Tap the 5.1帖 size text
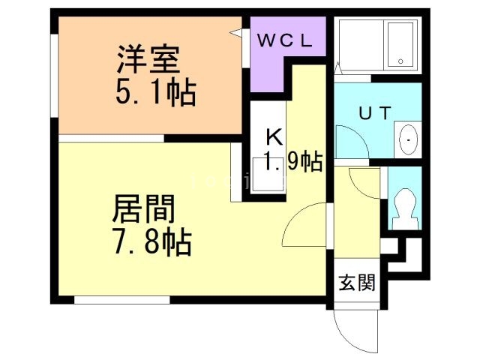click(156, 91)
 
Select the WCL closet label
click(285, 40)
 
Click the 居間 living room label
click(143, 209)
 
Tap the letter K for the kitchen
click(274, 137)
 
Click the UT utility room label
click(375, 112)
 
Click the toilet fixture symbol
click(405, 209)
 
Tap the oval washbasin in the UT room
click(408, 140)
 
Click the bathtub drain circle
click(400, 61)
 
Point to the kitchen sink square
click(268, 175)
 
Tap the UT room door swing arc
click(358, 135)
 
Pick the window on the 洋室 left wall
click(55, 76)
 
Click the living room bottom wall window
click(121, 300)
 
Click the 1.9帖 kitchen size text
click(293, 161)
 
